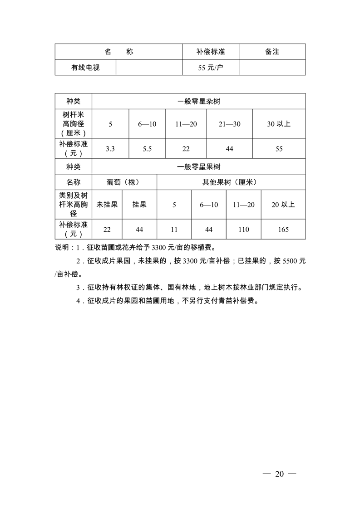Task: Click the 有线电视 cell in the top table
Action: (85, 68)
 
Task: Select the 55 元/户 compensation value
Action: (211, 68)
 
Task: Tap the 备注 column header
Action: (272, 52)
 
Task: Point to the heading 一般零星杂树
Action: (198, 101)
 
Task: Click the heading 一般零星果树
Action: (198, 166)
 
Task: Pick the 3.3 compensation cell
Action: (110, 149)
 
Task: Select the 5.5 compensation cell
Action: (147, 149)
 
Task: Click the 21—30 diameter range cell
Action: (229, 124)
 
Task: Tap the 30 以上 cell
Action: (278, 124)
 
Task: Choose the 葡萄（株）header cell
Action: (124, 182)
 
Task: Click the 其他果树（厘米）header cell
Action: (231, 182)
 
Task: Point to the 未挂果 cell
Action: (107, 205)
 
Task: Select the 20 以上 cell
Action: (283, 205)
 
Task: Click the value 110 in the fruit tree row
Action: (243, 230)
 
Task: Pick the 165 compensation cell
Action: (283, 230)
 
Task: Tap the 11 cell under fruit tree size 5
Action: (174, 230)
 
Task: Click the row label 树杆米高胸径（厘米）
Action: (73, 124)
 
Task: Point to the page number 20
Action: (279, 474)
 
